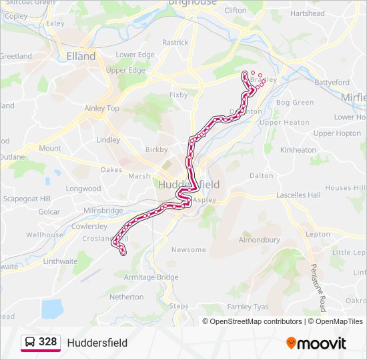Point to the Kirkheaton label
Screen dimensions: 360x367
click(298, 150)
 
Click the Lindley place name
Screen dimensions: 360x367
click(108, 140)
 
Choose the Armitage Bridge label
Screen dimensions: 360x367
click(151, 277)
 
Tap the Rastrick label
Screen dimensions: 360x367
click(175, 43)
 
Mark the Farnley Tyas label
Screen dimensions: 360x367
click(248, 307)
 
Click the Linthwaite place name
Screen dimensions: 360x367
click(60, 261)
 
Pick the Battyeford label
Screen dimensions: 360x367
click(332, 83)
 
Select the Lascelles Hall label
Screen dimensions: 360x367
click(298, 195)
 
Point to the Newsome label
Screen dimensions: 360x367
click(189, 250)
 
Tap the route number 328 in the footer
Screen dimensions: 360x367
click(47, 342)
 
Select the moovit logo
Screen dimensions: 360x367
click(316, 343)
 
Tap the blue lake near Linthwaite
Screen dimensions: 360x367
click(51, 309)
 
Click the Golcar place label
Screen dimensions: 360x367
click(49, 212)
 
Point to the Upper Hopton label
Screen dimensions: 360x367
click(337, 133)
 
